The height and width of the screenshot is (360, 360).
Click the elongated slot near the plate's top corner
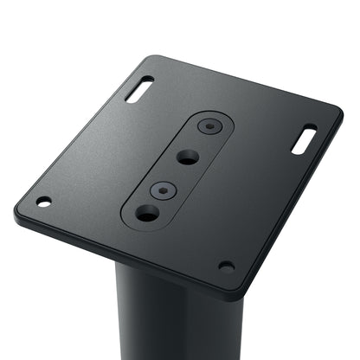click(139, 89)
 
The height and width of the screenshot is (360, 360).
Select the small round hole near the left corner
click(43, 202)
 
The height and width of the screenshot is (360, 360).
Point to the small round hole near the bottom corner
click(226, 266)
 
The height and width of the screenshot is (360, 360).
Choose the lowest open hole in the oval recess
click(146, 212)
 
